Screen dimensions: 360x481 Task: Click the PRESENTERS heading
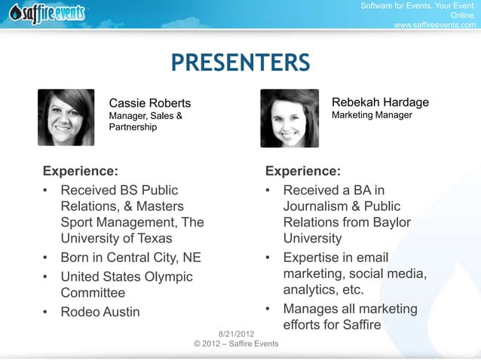[x=240, y=63]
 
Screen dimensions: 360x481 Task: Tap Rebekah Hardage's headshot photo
[x=289, y=118]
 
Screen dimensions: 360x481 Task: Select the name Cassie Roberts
[x=150, y=103]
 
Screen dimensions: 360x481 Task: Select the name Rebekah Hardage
[x=380, y=102]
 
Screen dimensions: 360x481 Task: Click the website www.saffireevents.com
[x=435, y=25]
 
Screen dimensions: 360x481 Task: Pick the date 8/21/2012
[x=236, y=334]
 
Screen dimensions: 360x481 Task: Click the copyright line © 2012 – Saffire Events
[x=236, y=343]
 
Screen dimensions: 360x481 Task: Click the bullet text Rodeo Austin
[x=100, y=312]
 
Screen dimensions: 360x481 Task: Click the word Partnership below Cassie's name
[x=133, y=127]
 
